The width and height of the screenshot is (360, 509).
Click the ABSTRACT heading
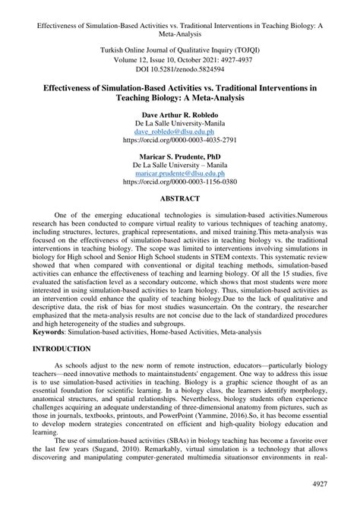[180, 199]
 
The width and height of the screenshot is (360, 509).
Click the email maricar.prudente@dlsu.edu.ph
[180, 174]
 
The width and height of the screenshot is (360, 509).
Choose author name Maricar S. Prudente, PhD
[180, 154]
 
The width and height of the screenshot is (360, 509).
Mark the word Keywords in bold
[49, 331]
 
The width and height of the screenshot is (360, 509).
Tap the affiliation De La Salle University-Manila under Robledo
[180, 122]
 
